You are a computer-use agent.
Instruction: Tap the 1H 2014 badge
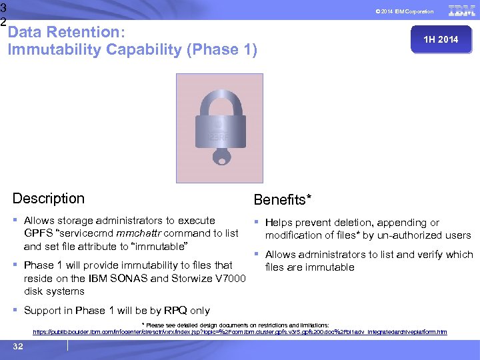(x=441, y=40)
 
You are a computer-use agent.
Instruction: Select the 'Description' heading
(x=49, y=199)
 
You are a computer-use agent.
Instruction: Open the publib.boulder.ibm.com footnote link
(x=239, y=332)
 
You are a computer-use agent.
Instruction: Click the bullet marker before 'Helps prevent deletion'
(x=257, y=223)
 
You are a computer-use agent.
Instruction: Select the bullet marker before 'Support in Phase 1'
(x=15, y=311)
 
